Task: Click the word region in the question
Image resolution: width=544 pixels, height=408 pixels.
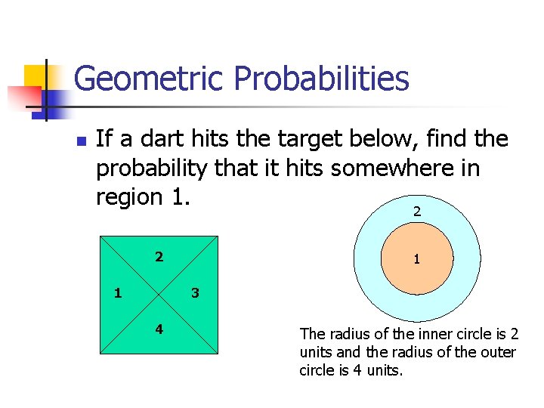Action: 129,196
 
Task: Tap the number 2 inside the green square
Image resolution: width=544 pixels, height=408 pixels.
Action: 159,257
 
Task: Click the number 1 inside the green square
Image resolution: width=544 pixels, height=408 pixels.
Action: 117,292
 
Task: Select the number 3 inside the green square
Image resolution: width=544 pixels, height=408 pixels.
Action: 195,292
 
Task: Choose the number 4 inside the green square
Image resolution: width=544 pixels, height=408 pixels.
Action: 159,329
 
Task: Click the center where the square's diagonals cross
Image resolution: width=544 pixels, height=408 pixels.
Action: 159,294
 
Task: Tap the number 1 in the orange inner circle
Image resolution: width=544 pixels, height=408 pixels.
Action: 416,259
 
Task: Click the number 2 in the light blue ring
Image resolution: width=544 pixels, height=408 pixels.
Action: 417,212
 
